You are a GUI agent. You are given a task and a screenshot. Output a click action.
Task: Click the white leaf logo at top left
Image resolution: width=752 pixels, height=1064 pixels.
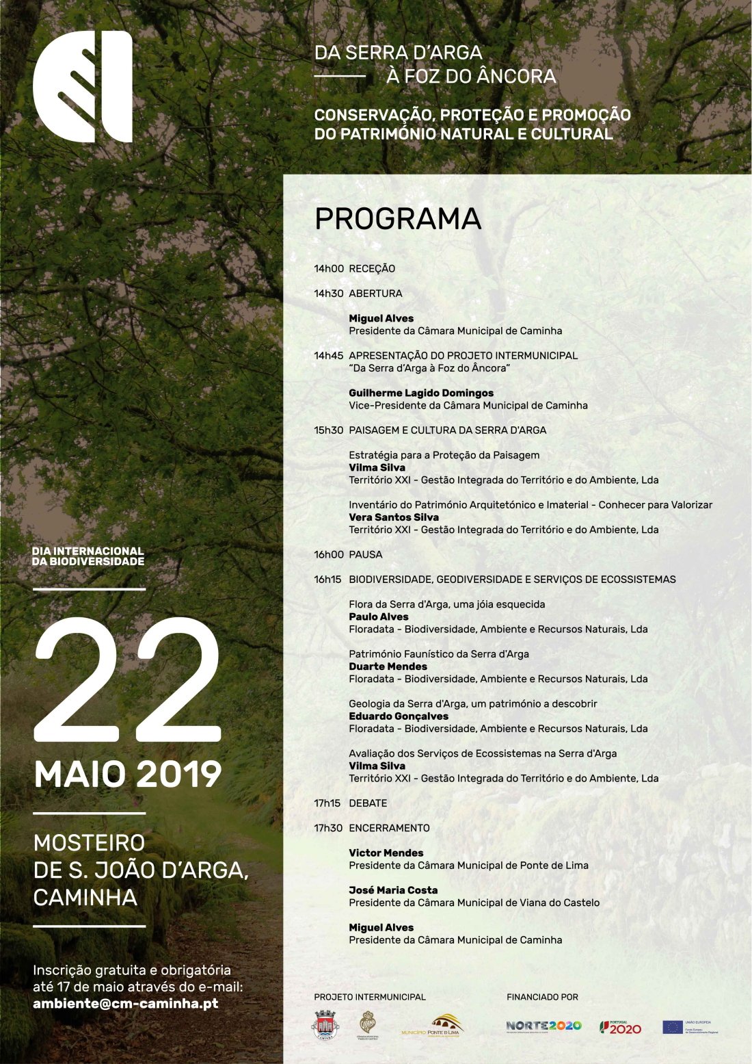[x=83, y=87]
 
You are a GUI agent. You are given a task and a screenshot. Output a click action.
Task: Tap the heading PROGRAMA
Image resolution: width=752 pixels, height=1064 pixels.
[x=397, y=219]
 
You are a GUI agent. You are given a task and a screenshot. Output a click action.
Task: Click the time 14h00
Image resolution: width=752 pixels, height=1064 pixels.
[x=329, y=269]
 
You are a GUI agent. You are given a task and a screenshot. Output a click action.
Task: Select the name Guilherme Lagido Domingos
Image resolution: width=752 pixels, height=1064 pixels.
[x=421, y=393]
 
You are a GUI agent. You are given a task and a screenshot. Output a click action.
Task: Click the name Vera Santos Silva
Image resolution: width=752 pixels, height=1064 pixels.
[x=394, y=517]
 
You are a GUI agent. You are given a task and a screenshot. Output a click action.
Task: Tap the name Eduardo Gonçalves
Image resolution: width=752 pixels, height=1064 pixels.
[x=399, y=716]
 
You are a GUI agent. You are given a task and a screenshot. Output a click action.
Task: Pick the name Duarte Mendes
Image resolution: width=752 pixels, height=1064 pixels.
[x=388, y=666]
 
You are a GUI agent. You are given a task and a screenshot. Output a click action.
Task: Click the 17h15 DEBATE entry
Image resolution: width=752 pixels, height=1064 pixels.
[x=351, y=803]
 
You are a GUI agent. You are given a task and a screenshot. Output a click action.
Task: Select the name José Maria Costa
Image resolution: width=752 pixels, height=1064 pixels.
[x=393, y=890]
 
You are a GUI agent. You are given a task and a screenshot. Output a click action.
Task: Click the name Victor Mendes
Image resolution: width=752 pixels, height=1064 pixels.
[x=386, y=853]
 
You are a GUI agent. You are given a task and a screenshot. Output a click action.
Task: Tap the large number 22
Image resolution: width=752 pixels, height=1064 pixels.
[x=128, y=680]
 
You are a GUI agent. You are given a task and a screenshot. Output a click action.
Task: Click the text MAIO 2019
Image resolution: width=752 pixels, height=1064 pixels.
[x=128, y=775]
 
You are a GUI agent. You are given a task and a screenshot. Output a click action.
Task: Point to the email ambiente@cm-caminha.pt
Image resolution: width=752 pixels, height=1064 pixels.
[x=126, y=1004]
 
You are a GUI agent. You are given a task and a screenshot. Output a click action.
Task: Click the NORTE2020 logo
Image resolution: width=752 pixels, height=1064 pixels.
[x=543, y=1026]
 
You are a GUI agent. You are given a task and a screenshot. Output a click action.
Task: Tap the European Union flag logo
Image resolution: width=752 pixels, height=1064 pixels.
[x=673, y=1026]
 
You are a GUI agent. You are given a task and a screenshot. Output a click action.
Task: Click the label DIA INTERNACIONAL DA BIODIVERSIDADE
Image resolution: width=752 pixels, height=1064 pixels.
[x=88, y=556]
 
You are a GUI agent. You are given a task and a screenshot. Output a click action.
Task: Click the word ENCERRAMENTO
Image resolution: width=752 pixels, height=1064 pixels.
[x=389, y=828]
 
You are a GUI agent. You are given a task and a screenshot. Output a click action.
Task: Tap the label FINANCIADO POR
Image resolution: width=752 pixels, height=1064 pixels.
[x=542, y=997]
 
